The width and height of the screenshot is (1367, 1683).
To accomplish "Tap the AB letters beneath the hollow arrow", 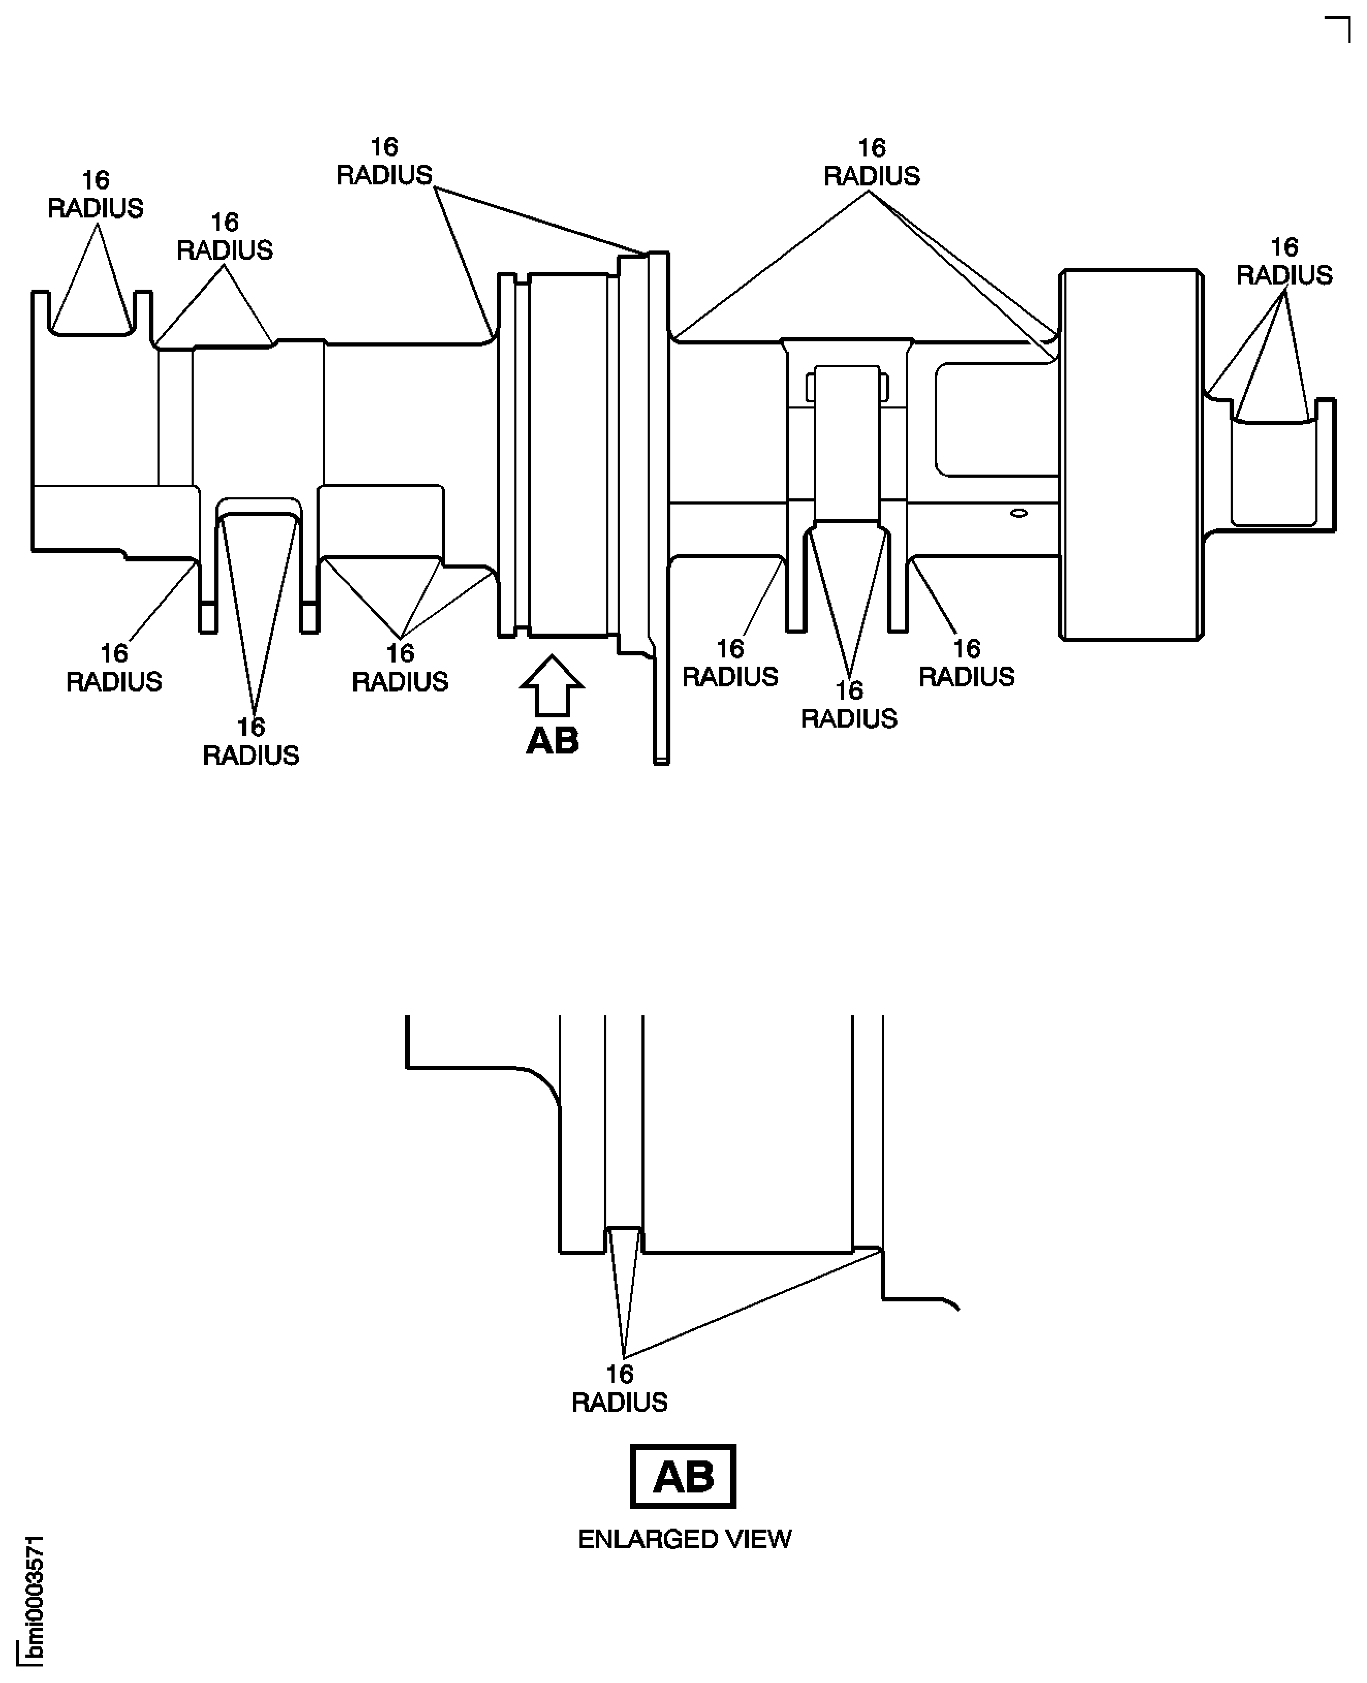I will point(552,741).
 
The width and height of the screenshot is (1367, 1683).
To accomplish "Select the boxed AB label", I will point(683,1476).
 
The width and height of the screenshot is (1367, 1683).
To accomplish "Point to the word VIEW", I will point(758,1539).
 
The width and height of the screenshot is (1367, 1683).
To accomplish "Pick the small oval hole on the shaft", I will point(1018,513).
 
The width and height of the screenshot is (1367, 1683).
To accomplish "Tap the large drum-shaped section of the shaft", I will point(1131,454).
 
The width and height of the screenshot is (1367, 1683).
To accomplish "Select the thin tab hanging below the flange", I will point(661,709).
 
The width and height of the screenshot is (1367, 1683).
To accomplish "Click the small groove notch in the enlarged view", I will point(624,1239).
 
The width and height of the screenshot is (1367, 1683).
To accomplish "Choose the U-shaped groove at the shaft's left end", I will point(92,315).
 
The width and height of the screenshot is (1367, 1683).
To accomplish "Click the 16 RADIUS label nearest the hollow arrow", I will point(400,667).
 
